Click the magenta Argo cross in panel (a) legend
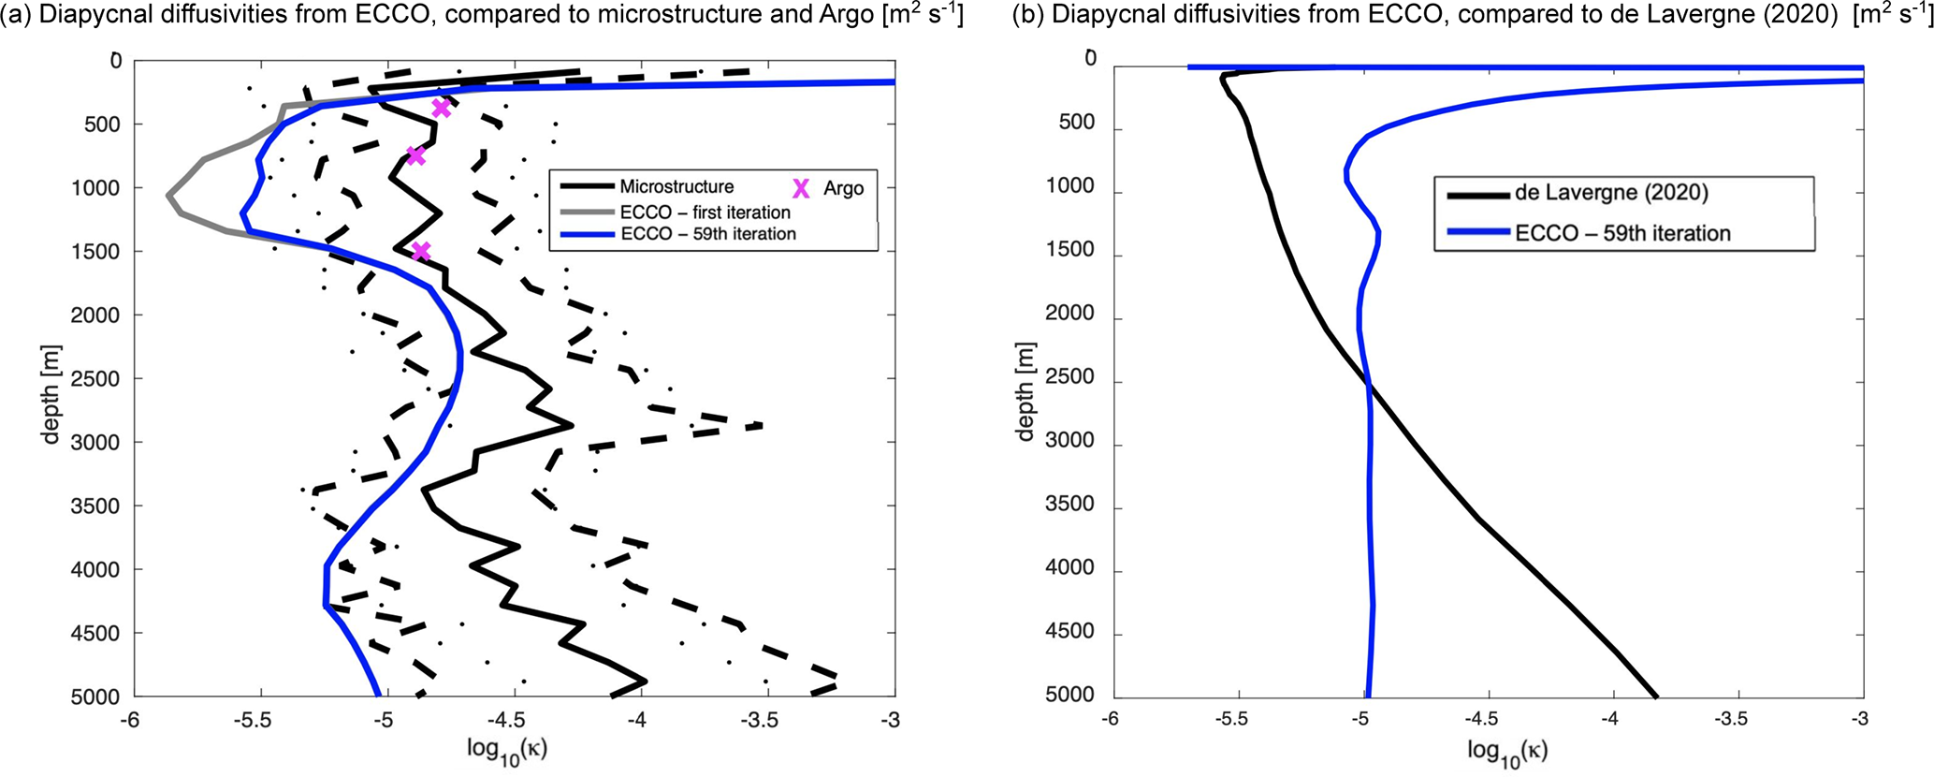[x=801, y=188]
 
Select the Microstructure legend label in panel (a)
[x=676, y=187]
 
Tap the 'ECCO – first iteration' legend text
[x=705, y=213]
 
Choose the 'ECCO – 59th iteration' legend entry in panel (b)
[x=1622, y=233]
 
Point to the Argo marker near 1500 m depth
[x=421, y=251]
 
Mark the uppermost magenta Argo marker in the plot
[x=441, y=109]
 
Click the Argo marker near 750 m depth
[x=416, y=155]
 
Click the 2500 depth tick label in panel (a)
[x=95, y=379]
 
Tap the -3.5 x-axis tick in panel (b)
[x=1738, y=718]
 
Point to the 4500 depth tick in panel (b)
[x=1070, y=632]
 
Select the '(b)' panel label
[x=1027, y=15]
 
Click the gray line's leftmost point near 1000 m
[x=168, y=196]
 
